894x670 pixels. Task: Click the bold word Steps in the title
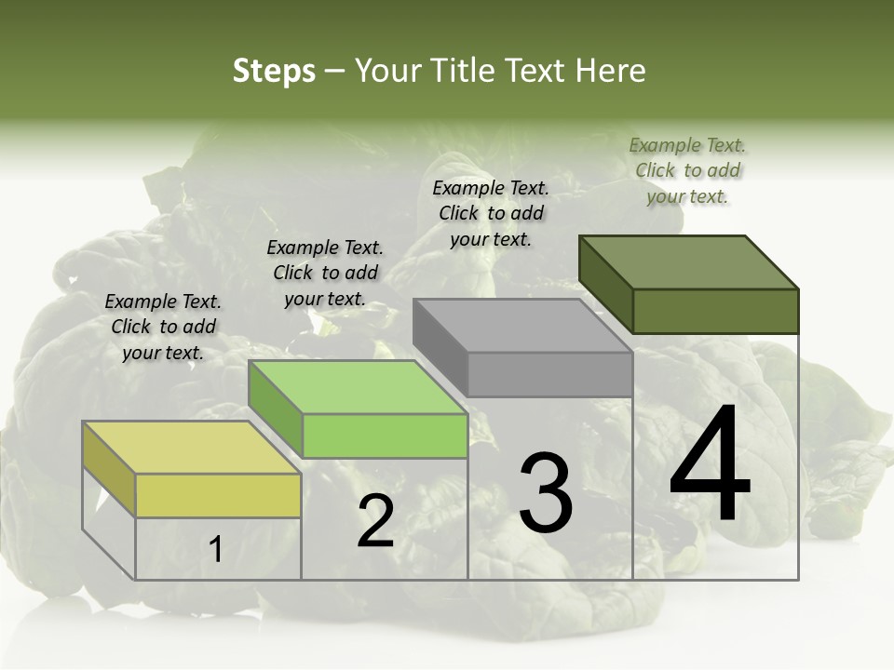click(273, 72)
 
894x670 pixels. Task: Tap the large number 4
click(710, 465)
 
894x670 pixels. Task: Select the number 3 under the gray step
click(545, 493)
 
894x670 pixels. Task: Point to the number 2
click(375, 521)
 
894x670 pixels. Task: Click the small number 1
click(215, 550)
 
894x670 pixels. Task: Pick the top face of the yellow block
click(191, 448)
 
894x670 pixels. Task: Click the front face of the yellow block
click(218, 495)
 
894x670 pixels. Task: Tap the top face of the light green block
click(358, 387)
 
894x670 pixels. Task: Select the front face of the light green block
click(385, 435)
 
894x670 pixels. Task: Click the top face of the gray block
click(522, 326)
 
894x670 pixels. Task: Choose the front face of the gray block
click(549, 374)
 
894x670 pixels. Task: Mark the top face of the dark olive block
click(689, 261)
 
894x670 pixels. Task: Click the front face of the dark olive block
click(715, 311)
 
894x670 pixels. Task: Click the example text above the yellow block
click(163, 327)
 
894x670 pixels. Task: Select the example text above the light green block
click(325, 273)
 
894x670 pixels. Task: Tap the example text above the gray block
click(491, 213)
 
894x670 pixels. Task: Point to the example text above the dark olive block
click(687, 170)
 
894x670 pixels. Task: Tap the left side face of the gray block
click(440, 346)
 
